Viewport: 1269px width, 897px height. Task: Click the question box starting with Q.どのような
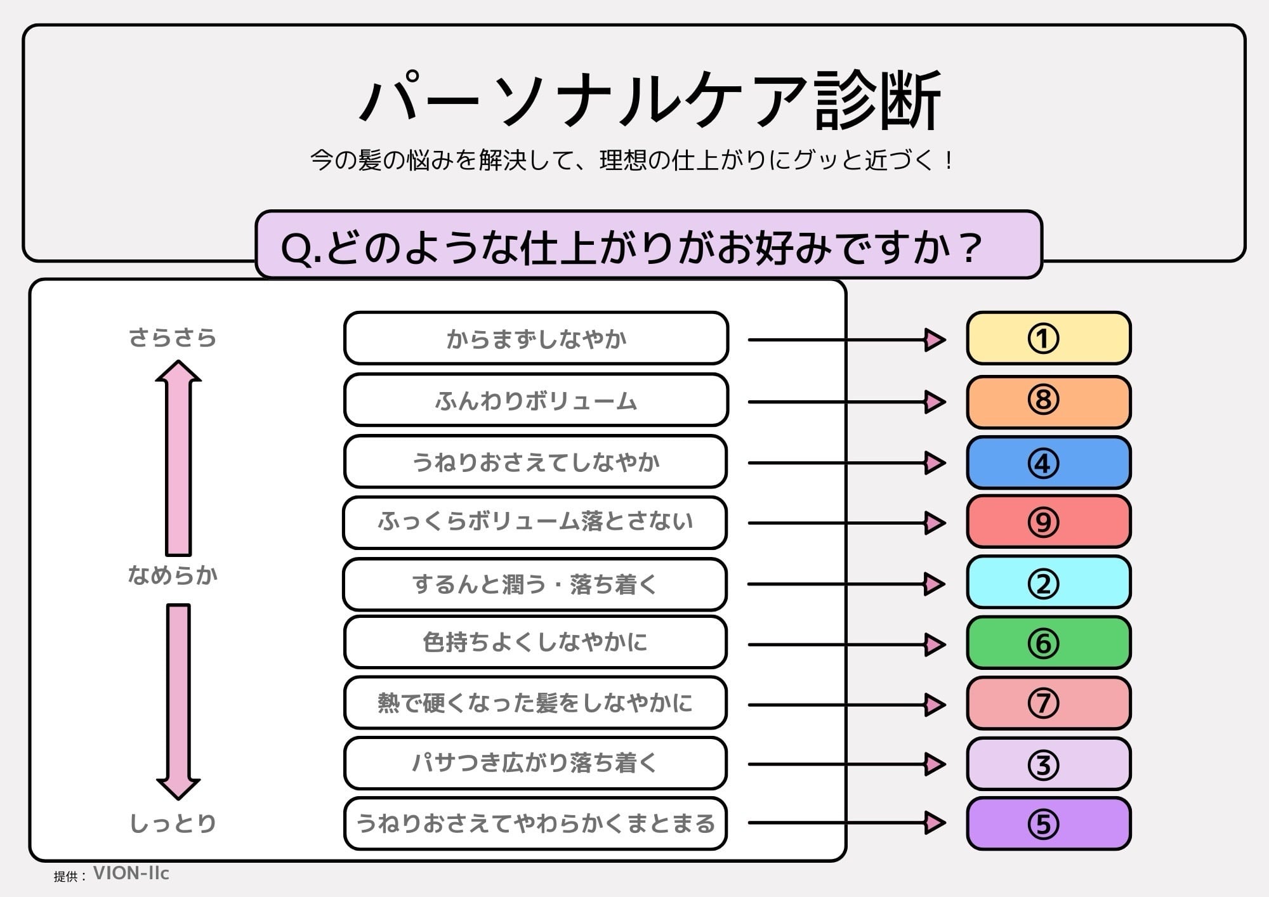coord(648,246)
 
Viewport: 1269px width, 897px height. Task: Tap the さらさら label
coord(173,338)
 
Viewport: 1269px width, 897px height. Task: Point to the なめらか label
coord(173,575)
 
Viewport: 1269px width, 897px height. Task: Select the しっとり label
coord(173,823)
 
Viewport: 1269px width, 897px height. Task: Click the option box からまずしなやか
coord(536,339)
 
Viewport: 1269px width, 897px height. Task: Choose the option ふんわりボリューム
coord(536,401)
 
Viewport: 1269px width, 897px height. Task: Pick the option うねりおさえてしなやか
coord(536,462)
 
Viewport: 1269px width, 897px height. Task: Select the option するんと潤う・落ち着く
coord(535,584)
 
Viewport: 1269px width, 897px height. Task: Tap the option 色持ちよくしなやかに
coord(535,642)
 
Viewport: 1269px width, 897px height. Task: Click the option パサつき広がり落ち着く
coord(535,763)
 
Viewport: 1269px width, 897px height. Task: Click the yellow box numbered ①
coord(1048,338)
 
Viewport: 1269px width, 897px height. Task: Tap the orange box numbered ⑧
coord(1048,401)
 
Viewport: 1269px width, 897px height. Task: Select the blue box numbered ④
coord(1048,462)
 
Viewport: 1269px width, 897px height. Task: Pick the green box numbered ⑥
coord(1048,643)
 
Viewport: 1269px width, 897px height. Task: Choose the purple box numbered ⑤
coord(1048,823)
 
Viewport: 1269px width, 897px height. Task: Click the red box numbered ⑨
coord(1048,521)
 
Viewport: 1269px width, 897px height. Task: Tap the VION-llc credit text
coord(131,874)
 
